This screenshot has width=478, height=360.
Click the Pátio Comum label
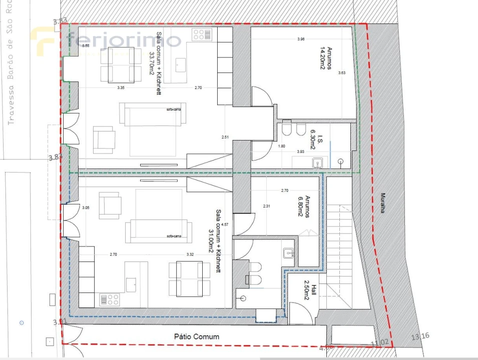197,336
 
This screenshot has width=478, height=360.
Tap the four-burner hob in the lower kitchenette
110,299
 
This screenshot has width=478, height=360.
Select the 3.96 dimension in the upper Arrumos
300,39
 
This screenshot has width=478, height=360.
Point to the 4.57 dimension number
224,224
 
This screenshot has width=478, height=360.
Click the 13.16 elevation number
420,336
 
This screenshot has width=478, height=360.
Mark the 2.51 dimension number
225,137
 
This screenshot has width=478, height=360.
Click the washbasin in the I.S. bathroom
317,162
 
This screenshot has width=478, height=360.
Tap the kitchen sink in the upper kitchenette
180,65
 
